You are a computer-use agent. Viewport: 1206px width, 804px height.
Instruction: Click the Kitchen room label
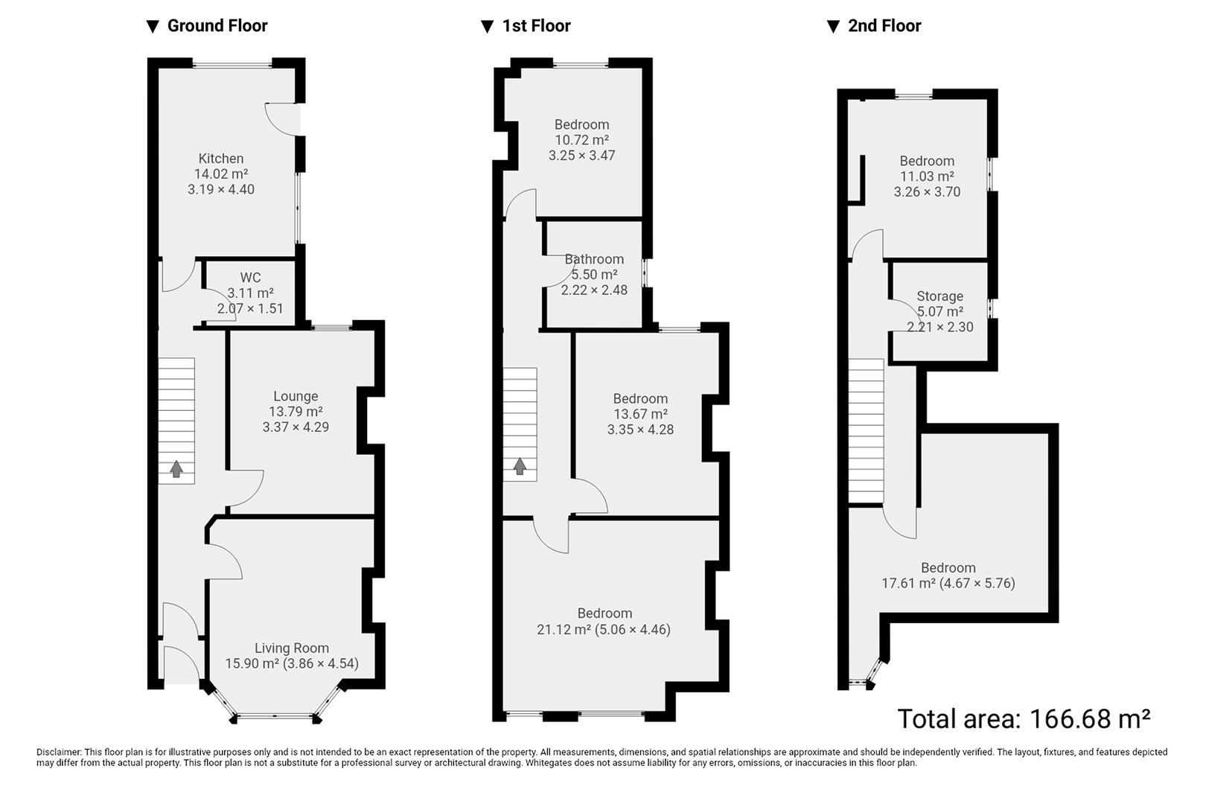tap(220, 159)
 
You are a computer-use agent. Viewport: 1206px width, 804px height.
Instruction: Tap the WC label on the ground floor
tap(250, 278)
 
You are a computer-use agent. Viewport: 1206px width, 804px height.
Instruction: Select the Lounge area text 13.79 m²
tap(296, 412)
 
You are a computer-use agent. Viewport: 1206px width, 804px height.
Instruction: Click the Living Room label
tap(291, 648)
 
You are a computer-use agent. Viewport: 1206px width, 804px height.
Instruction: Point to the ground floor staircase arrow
tap(176, 469)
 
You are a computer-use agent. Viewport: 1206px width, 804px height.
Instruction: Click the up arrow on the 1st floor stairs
tap(520, 467)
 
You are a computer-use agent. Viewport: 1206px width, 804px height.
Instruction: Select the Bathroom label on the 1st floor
tap(594, 259)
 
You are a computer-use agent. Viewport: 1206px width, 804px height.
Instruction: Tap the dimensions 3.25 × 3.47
tap(581, 156)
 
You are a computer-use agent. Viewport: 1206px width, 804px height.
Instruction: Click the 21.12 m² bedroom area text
tap(564, 630)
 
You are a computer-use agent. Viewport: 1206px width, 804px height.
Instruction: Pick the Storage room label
tap(939, 296)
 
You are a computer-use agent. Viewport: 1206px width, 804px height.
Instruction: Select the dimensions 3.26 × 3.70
tap(927, 192)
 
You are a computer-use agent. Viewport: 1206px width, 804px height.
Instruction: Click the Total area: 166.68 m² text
tap(1024, 719)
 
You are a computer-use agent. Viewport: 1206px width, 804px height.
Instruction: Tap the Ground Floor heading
tap(217, 26)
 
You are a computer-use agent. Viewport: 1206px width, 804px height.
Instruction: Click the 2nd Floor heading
tap(884, 26)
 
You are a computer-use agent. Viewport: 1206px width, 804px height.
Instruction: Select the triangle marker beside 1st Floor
tap(488, 27)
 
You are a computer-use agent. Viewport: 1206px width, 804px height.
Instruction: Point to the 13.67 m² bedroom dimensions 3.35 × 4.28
tap(640, 430)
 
